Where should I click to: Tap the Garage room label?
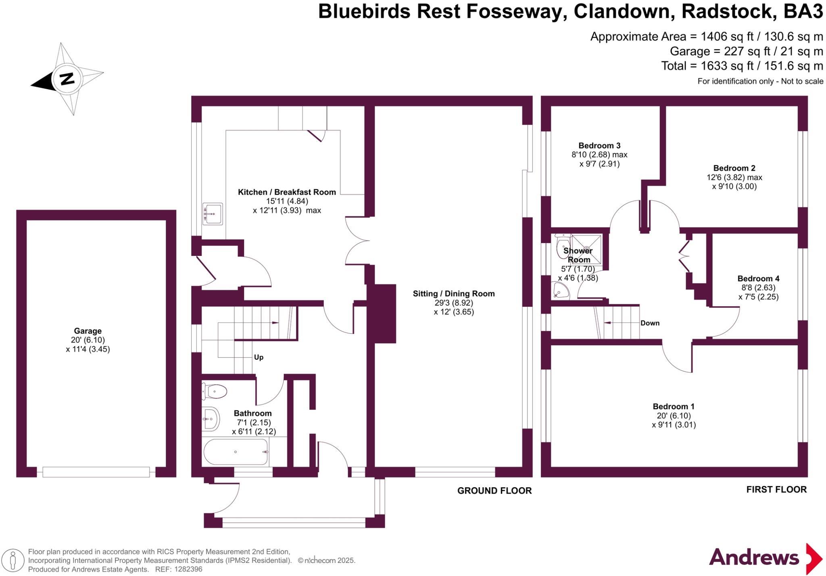click(88, 331)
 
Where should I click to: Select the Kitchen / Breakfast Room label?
click(287, 192)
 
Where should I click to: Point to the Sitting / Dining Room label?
click(454, 294)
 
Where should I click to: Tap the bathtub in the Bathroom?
click(236, 452)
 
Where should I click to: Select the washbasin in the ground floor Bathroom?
click(211, 419)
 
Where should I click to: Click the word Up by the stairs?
click(259, 357)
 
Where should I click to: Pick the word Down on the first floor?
click(650, 323)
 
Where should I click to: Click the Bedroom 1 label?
click(674, 406)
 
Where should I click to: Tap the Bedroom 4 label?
click(758, 279)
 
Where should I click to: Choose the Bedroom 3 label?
click(599, 146)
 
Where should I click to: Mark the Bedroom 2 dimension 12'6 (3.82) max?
click(734, 177)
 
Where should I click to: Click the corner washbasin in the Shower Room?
click(560, 291)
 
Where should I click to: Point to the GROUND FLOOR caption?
click(494, 490)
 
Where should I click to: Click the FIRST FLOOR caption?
click(776, 489)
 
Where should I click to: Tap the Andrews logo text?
click(754, 558)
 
